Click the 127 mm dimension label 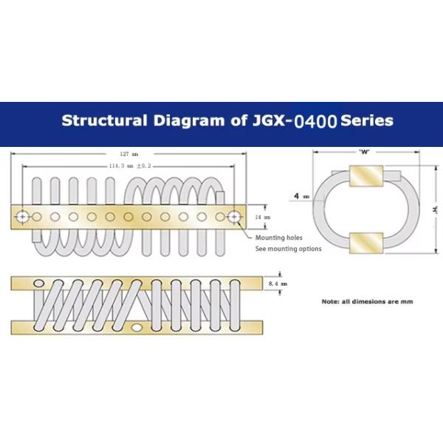128,154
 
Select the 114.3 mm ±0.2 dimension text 130,166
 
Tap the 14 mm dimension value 262,217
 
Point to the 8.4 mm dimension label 278,284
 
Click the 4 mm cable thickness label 301,196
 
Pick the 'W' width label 364,152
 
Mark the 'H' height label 436,210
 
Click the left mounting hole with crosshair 22,217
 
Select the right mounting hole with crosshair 234,217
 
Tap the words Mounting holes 279,238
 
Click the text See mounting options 288,249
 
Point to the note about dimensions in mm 367,301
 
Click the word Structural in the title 105,120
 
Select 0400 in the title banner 315,122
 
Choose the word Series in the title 367,120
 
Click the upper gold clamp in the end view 366,176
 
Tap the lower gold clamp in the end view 366,243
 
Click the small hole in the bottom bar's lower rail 137,328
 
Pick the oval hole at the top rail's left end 38,283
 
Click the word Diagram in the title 188,120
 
